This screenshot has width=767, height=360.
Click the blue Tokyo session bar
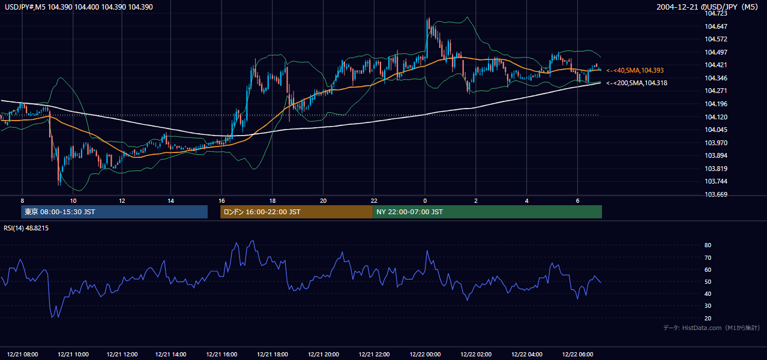(x=115, y=212)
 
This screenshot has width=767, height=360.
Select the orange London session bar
(x=296, y=212)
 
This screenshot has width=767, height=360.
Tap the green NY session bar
(x=487, y=212)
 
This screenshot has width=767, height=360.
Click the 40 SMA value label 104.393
(x=635, y=70)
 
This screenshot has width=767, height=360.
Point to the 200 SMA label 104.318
(x=637, y=83)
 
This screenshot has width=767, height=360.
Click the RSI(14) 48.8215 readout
(x=26, y=228)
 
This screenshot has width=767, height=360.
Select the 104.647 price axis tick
(x=716, y=26)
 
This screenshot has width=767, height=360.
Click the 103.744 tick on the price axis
(x=716, y=181)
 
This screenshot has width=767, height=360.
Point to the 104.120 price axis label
(x=716, y=117)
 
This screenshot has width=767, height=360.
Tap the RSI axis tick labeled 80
(x=708, y=245)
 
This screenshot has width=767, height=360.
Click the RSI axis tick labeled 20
(x=708, y=318)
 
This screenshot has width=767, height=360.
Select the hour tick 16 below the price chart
(x=221, y=201)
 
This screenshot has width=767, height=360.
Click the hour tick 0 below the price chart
(x=425, y=201)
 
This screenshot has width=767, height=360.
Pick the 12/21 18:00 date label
(x=272, y=355)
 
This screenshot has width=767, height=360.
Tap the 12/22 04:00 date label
(x=526, y=355)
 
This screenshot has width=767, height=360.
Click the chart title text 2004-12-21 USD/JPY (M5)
(x=707, y=7)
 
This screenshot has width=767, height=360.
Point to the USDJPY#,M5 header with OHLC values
(x=79, y=7)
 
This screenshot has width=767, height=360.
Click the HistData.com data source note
(x=711, y=328)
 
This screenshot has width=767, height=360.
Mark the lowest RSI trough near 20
(x=52, y=317)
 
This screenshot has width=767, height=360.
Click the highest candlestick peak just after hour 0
(x=428, y=18)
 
